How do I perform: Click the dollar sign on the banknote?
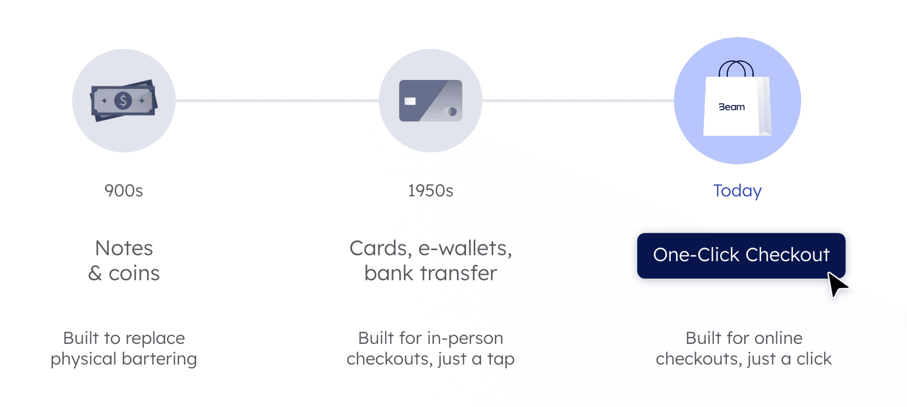[x=124, y=101]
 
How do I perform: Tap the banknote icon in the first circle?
[x=124, y=101]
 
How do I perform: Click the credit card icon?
[x=431, y=101]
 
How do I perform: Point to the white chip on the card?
[x=410, y=101]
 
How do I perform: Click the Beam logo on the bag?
[x=732, y=107]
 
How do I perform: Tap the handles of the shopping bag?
[x=736, y=69]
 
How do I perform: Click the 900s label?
[x=124, y=191]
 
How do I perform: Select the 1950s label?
[x=431, y=191]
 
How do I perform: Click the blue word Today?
[x=737, y=191]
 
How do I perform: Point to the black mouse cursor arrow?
[x=837, y=285]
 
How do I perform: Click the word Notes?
[x=124, y=248]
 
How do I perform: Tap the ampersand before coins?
[x=95, y=273]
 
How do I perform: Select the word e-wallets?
[x=465, y=248]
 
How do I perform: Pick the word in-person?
[x=465, y=338]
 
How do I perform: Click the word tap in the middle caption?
[x=501, y=359]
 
